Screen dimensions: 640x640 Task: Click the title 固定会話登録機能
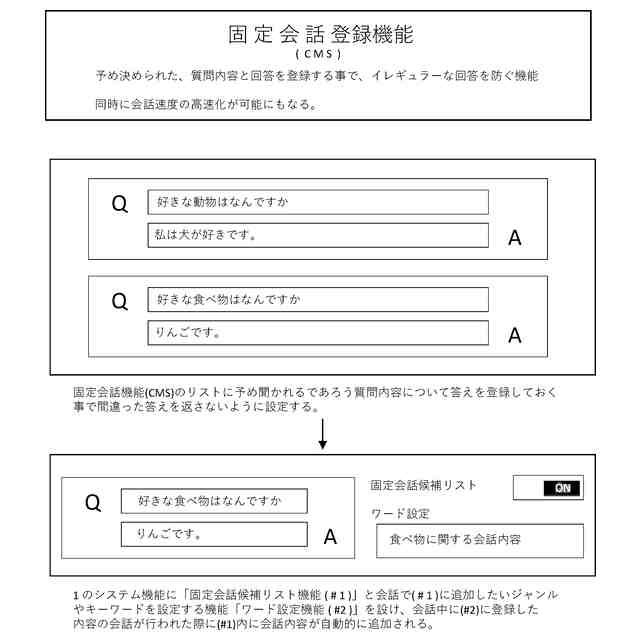point(320,34)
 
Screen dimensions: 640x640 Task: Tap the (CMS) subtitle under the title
point(320,54)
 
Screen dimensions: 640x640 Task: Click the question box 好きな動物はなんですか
point(318,202)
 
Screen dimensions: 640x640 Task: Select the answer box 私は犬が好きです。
point(318,235)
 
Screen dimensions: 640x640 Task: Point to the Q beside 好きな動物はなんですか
point(119,205)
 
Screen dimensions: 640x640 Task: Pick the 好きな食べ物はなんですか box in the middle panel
point(318,299)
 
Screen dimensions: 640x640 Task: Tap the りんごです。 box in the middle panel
point(318,332)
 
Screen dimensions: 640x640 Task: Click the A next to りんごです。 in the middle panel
point(515,335)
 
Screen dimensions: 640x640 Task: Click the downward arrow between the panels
point(322,434)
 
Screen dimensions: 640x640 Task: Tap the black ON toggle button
point(562,488)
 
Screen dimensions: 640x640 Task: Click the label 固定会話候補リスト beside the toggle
point(423,485)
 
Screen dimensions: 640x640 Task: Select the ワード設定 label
point(400,513)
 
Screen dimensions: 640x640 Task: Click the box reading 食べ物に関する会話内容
point(479,540)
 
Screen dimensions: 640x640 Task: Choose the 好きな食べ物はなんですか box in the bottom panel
point(214,500)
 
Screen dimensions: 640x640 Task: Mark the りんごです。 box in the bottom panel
point(214,534)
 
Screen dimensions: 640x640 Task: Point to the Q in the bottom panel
point(93,504)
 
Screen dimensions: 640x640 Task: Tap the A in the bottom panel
point(330,537)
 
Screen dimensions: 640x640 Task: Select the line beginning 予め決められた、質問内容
point(316,76)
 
